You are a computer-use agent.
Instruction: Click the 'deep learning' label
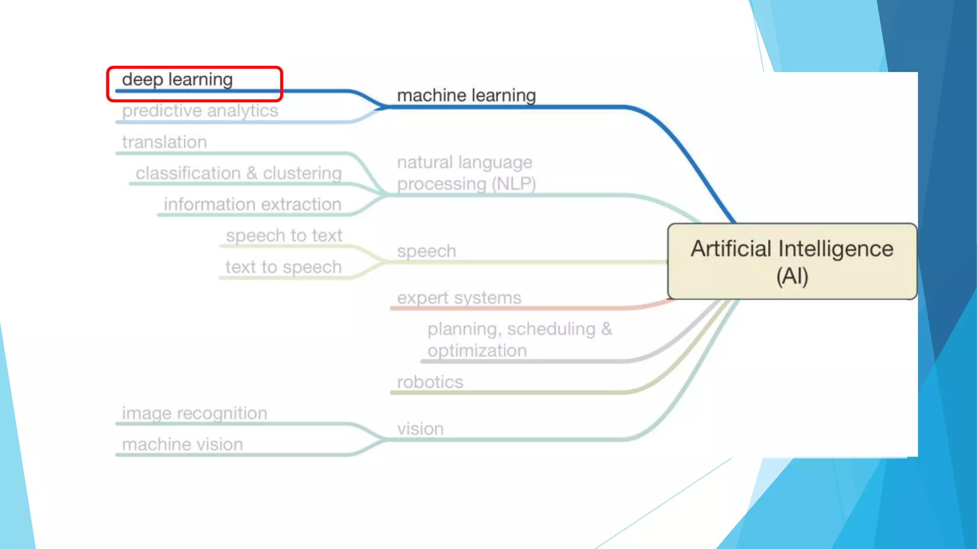177,80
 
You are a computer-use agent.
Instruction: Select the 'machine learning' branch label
466,95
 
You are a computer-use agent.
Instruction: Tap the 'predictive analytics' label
200,111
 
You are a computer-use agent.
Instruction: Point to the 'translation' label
164,142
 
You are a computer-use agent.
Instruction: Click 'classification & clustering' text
239,173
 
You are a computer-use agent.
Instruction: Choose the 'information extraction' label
252,204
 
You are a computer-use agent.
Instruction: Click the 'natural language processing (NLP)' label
466,173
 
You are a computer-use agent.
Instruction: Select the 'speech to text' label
284,235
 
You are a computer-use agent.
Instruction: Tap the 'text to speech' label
283,267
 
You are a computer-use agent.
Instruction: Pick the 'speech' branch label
426,251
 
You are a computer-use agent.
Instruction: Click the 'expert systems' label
459,298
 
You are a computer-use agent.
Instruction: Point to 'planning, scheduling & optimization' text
519,339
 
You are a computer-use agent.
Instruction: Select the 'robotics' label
430,382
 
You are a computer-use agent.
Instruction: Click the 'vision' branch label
420,429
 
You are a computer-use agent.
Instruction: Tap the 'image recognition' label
194,413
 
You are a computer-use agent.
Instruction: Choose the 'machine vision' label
182,445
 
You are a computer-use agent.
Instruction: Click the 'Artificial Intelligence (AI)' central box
792,262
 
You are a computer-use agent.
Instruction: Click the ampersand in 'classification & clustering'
252,173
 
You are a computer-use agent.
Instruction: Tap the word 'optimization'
477,351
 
